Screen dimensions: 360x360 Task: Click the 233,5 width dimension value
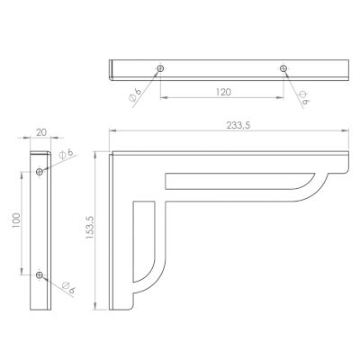click(238, 125)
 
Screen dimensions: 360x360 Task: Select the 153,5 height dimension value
click(90, 228)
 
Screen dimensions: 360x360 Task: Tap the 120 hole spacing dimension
click(223, 92)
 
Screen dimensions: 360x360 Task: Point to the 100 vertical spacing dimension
click(16, 220)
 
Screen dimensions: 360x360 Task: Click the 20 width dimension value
click(41, 132)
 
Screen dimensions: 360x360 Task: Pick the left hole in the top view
click(160, 68)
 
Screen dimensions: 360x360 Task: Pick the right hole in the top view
click(283, 68)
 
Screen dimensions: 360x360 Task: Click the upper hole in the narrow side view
click(40, 172)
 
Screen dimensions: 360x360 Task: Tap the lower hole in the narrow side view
click(40, 274)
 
